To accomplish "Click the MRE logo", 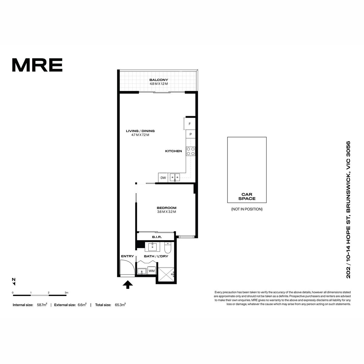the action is tap(37, 65).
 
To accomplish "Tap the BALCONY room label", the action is tap(158, 80).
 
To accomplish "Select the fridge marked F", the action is tap(189, 124).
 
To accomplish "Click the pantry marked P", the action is tap(190, 134).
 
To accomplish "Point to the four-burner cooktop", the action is tap(190, 151).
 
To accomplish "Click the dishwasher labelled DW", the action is tap(163, 177).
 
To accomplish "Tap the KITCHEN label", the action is tap(174, 151).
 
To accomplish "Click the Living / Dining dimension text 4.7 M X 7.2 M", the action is tap(140, 135).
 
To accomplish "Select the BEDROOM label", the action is tap(167, 208).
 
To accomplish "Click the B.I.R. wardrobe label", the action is tap(157, 237).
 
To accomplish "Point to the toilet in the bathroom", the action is tap(167, 248).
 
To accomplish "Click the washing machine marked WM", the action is tap(151, 271).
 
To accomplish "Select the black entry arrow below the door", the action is tap(128, 285).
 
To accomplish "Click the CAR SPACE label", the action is tap(247, 196).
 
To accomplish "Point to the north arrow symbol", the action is tap(14, 281).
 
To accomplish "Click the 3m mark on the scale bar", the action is tap(66, 293).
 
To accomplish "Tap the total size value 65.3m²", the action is tap(120, 305).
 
